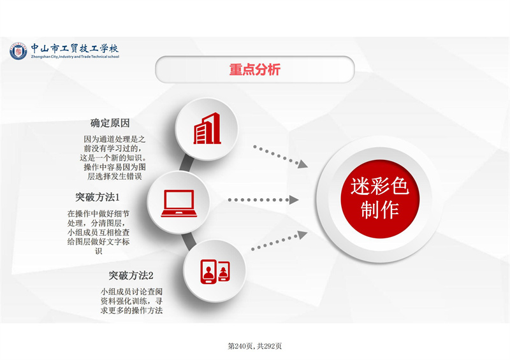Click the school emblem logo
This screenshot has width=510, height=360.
[18, 51]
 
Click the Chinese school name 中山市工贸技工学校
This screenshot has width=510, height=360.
[75, 48]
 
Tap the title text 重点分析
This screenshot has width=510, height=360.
[254, 69]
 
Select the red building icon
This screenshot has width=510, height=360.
[207, 128]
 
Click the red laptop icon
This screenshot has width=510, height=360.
[179, 203]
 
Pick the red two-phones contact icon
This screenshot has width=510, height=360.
[215, 271]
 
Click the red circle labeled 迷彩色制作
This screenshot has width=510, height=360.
[380, 199]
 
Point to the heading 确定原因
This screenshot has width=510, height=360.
[110, 123]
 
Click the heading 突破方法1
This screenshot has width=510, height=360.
[98, 197]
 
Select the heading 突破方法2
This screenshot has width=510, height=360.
[131, 275]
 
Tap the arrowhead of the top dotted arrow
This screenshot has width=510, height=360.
[303, 164]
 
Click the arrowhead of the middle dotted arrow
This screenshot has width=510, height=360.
[294, 199]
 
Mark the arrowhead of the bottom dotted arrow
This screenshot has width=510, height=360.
[302, 234]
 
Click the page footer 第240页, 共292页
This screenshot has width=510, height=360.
[254, 346]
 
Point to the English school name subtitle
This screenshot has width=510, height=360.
[75, 57]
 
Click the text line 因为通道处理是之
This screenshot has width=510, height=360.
[115, 139]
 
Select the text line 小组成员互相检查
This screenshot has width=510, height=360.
[99, 232]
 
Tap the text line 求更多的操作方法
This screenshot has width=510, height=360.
[131, 310]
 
